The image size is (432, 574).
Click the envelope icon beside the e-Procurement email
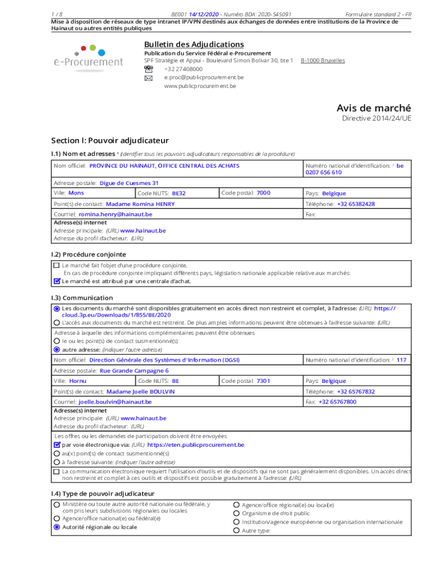(148, 78)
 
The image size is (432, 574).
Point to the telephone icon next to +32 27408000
(148, 69)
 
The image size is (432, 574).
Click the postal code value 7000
(263, 193)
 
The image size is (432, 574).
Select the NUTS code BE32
(178, 193)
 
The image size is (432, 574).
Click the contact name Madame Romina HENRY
(140, 204)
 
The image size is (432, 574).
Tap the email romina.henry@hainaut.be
(115, 214)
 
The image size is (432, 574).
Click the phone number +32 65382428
(356, 204)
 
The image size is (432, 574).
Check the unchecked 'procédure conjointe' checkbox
(56, 265)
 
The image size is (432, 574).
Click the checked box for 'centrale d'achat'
(56, 281)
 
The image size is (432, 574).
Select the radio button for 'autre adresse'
(56, 349)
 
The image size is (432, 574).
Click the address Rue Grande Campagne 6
(134, 371)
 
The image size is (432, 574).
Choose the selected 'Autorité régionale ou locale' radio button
(56, 527)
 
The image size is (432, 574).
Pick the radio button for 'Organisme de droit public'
(236, 513)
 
